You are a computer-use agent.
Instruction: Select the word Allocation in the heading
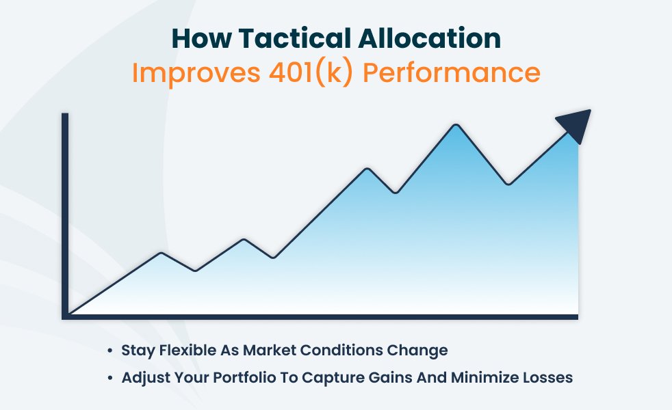[x=430, y=38]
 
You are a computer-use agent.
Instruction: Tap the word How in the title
[x=201, y=38]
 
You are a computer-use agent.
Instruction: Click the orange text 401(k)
[x=311, y=72]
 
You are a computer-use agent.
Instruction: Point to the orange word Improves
[x=196, y=72]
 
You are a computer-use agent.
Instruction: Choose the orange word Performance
[x=452, y=72]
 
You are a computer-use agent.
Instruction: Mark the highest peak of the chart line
[x=456, y=125]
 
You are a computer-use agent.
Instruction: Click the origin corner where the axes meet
[x=65, y=316]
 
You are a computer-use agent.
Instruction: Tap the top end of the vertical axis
[x=65, y=114]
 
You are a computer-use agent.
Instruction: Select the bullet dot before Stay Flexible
[x=110, y=351]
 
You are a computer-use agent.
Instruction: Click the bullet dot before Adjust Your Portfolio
[x=110, y=379]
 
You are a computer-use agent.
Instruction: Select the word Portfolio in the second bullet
[x=244, y=377]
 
